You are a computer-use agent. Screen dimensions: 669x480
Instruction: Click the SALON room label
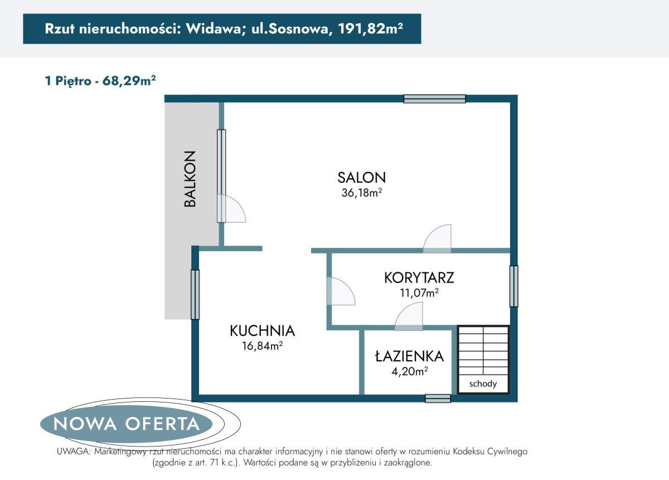[x=362, y=177]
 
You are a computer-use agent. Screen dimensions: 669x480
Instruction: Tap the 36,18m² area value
[x=362, y=193]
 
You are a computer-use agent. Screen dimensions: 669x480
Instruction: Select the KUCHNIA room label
[x=262, y=331]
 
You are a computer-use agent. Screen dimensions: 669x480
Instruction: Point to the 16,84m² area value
[x=262, y=345]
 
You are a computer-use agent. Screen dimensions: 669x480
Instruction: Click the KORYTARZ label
[x=419, y=278]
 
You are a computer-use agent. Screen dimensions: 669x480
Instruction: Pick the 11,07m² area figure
[x=419, y=292]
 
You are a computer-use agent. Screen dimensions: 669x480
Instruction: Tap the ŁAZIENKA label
[x=409, y=356]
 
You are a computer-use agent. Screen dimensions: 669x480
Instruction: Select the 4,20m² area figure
[x=409, y=371]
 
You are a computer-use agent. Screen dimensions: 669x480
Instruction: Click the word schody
[x=483, y=383]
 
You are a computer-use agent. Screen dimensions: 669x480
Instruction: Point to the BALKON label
[x=190, y=179]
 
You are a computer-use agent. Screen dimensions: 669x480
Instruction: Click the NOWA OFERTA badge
[x=127, y=424]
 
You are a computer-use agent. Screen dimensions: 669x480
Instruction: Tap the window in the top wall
[x=434, y=99]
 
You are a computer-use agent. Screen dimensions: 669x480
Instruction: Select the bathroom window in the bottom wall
[x=438, y=399]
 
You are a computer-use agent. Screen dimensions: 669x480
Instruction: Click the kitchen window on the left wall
[x=195, y=295]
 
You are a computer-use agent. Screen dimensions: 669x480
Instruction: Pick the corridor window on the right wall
[x=513, y=286]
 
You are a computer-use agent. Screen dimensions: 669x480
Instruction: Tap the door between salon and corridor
[x=437, y=239]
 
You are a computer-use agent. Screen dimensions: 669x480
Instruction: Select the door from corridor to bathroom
[x=409, y=316]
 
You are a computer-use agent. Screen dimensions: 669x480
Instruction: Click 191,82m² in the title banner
[x=371, y=28]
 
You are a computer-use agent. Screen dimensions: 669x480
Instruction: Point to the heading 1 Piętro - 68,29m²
[x=100, y=81]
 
